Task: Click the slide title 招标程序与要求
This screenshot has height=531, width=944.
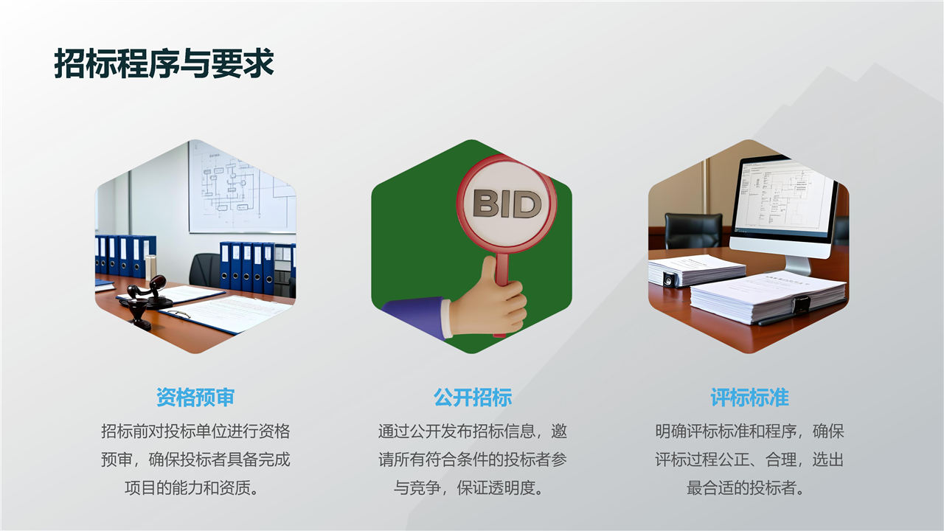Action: (x=164, y=63)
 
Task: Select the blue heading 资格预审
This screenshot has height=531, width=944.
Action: (x=195, y=398)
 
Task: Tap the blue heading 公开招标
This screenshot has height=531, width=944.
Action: (x=473, y=398)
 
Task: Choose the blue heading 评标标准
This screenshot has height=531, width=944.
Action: (x=749, y=398)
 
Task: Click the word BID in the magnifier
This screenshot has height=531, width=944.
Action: (x=507, y=204)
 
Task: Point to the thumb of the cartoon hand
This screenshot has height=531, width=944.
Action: (x=488, y=274)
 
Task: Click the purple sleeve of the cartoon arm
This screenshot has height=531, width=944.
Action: (x=413, y=316)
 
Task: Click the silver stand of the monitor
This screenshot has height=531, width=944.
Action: (x=798, y=265)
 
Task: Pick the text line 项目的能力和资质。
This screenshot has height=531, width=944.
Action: (x=191, y=488)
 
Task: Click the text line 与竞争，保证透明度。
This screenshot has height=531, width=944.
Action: (x=468, y=488)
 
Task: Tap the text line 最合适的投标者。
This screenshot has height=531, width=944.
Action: (x=746, y=488)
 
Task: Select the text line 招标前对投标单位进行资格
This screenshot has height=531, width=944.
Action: (x=195, y=431)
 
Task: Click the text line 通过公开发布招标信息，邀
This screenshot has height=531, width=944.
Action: (x=473, y=431)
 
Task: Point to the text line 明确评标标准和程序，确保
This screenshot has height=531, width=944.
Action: (x=749, y=431)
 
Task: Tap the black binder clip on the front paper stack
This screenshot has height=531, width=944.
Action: (x=800, y=305)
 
